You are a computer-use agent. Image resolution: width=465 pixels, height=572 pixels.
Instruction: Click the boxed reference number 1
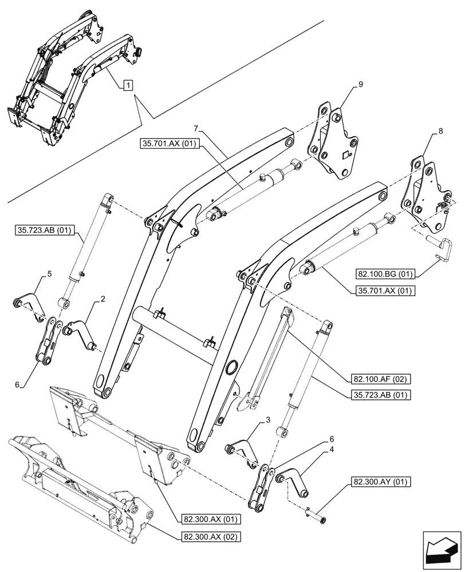[128, 85]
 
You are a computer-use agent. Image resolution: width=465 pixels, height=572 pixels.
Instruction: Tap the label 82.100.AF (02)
[375, 378]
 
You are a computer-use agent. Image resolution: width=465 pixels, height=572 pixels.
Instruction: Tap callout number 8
[439, 131]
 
